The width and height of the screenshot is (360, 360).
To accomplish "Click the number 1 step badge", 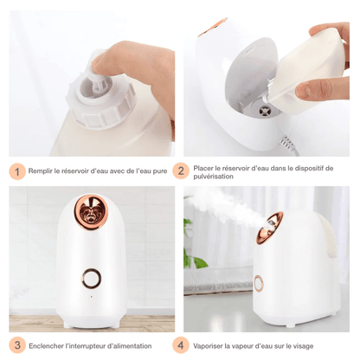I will pyautogui.click(x=16, y=171).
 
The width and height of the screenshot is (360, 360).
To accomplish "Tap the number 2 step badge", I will pyautogui.click(x=181, y=171).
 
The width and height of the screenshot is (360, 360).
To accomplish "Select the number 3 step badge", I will pyautogui.click(x=16, y=344).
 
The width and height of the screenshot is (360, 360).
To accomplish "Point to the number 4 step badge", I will pyautogui.click(x=181, y=344).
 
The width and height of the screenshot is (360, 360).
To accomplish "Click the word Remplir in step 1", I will pyautogui.click(x=40, y=171).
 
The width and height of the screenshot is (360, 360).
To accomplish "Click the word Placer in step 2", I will pyautogui.click(x=205, y=167).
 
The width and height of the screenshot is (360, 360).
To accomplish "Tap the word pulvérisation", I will pyautogui.click(x=215, y=177).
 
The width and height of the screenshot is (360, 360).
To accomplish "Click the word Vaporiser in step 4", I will pyautogui.click(x=210, y=344).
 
